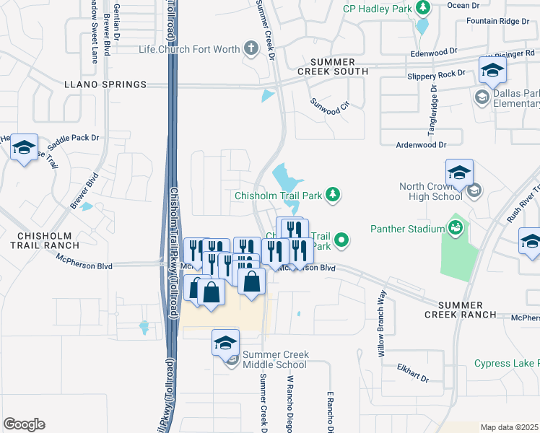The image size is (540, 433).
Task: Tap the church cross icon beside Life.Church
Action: (251, 49)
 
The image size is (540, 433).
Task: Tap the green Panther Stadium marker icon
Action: (455, 229)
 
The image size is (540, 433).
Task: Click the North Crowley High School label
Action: (431, 191)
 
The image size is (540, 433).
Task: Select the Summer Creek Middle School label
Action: (275, 359)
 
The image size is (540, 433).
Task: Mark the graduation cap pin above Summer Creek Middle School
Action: (225, 343)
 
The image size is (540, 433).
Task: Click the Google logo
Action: (24, 424)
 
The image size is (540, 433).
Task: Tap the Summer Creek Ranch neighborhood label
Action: (460, 310)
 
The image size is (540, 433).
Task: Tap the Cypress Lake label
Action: (506, 363)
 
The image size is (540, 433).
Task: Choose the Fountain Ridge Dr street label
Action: (497, 21)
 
